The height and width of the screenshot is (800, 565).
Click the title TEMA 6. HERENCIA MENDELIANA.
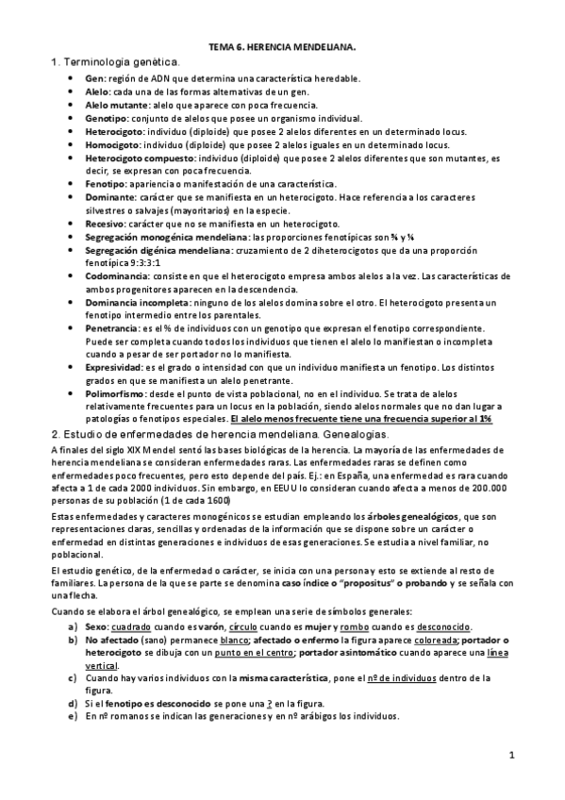[x=281, y=45]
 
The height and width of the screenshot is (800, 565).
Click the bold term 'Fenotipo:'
[x=105, y=183]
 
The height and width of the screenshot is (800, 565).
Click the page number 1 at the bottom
[x=509, y=755]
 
